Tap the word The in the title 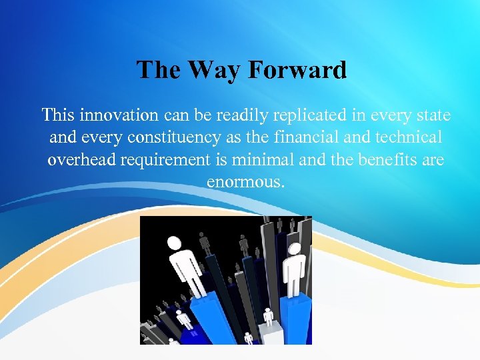(159, 70)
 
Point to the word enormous (245, 181)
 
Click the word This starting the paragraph (59, 115)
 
